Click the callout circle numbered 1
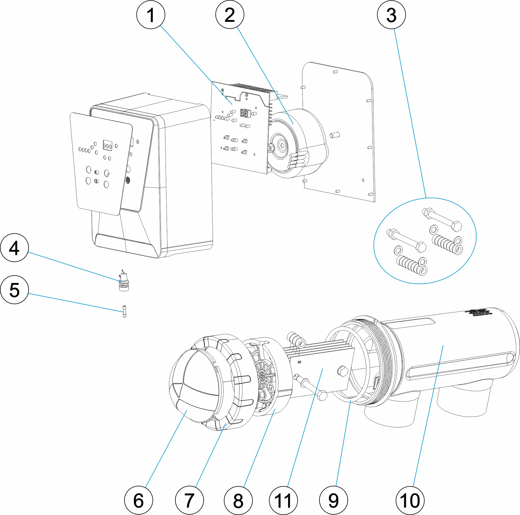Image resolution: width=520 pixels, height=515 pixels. point(151,15)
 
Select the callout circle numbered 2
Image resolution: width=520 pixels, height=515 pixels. point(230,15)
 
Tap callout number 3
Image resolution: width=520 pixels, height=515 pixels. point(391,15)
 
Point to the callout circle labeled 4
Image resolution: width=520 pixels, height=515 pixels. point(14,248)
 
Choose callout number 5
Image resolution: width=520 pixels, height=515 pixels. point(14,290)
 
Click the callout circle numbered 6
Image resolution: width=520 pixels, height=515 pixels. point(139,501)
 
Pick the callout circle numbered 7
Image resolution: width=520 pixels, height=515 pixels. point(189,501)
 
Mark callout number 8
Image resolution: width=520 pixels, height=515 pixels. point(238,501)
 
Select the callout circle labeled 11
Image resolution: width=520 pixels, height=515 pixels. point(283,501)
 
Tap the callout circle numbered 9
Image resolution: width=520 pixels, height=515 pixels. point(333,501)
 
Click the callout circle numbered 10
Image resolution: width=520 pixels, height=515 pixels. point(410,501)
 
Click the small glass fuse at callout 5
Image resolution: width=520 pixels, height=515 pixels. point(124,312)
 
